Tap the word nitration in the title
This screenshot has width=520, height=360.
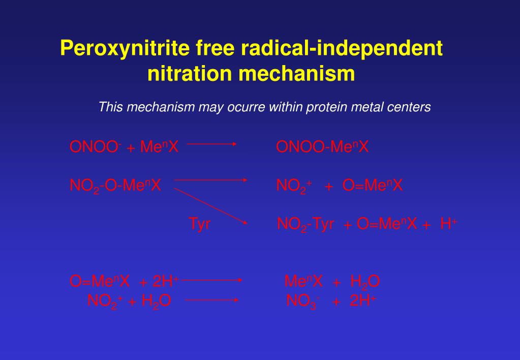coord(189,74)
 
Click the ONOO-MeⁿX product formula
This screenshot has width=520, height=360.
coord(322,147)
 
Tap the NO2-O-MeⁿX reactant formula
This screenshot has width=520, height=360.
coord(115,186)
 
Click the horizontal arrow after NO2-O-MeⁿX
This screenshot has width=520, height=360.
coord(210,179)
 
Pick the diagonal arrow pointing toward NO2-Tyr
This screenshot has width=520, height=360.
coord(211,205)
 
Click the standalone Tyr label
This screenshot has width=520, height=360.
coord(199,224)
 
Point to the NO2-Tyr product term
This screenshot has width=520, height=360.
coord(305,224)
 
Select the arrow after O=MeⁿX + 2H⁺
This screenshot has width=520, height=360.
coord(214,279)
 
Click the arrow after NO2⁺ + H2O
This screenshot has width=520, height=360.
coord(212,300)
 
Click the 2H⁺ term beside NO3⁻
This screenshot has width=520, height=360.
coord(363,301)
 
